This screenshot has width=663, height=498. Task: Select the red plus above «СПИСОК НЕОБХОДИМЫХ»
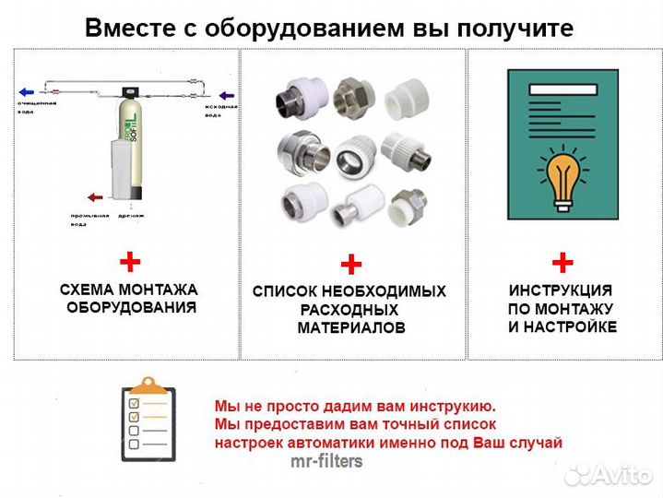[350, 267]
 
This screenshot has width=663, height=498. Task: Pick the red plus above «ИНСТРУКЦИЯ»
[562, 261]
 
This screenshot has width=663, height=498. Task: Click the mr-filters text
[327, 461]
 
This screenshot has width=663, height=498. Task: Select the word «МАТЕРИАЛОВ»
[350, 328]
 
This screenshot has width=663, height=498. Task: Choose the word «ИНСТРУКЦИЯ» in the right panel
[562, 290]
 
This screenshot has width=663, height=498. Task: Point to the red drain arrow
[94, 196]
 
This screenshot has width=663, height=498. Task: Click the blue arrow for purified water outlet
[30, 91]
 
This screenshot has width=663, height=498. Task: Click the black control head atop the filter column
[135, 92]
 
